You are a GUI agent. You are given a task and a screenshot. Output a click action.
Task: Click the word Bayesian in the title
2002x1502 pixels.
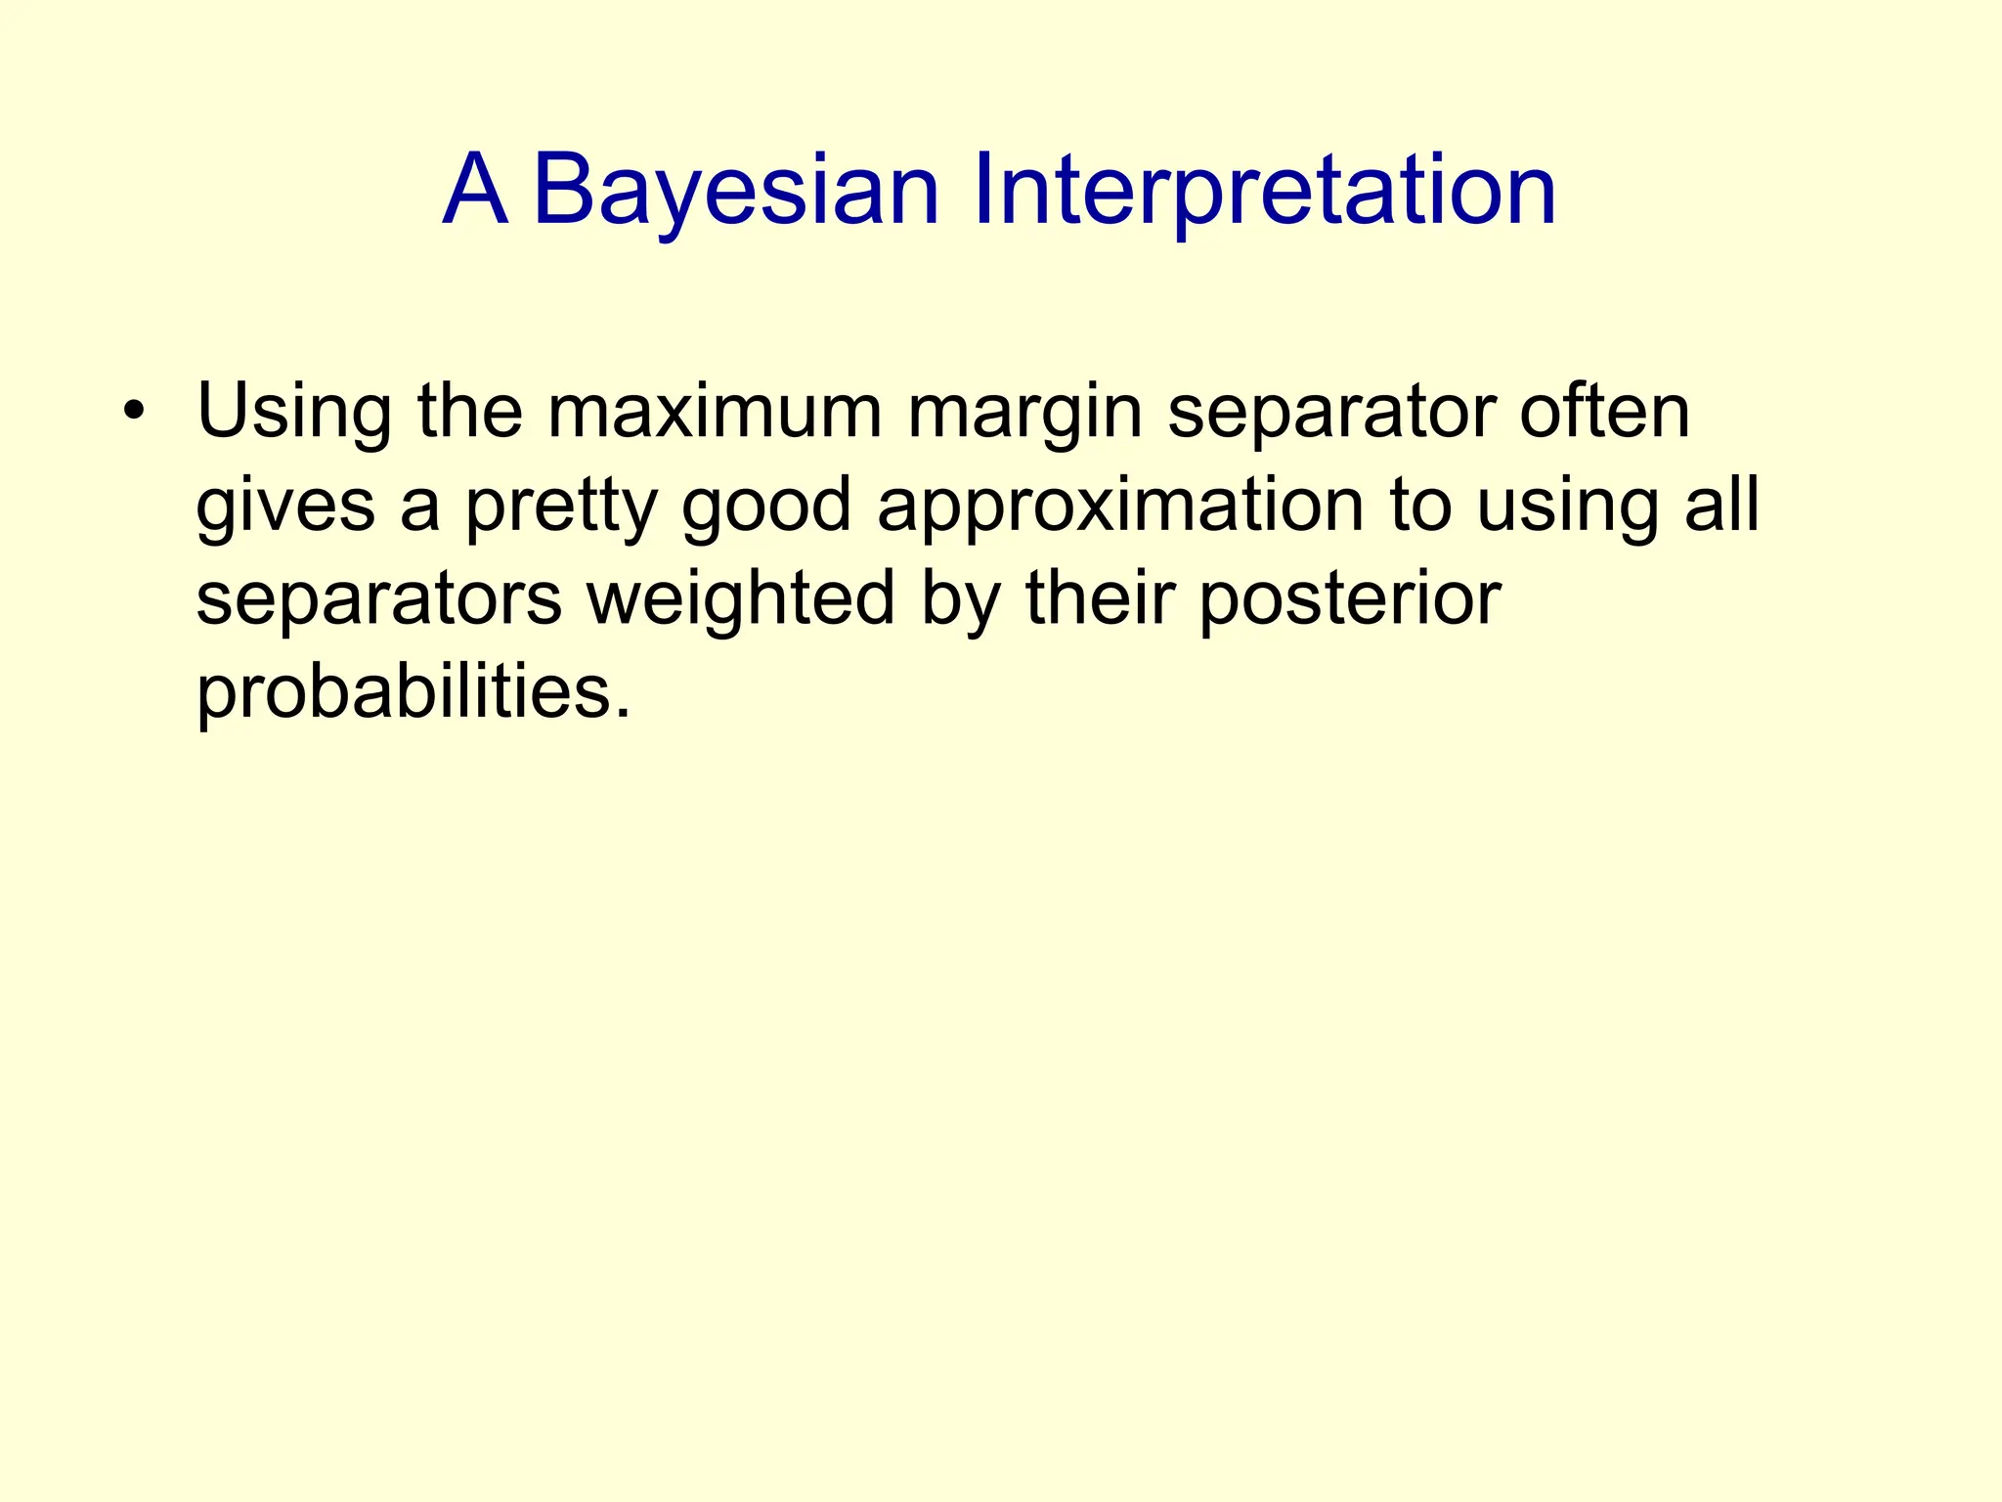(735, 191)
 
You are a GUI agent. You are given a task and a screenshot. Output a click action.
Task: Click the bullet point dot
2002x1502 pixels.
(134, 411)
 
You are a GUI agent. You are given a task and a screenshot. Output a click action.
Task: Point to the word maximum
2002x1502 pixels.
(715, 413)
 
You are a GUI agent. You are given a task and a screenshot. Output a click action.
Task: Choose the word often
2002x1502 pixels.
(1604, 411)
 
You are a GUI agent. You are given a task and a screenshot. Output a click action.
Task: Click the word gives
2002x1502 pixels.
(285, 507)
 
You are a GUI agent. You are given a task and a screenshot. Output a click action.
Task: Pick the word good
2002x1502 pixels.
(766, 507)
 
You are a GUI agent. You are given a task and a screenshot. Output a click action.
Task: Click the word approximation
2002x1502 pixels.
(1120, 507)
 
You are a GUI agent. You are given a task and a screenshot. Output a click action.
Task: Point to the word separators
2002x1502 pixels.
(378, 598)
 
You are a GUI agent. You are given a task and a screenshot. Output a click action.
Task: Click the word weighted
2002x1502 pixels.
(740, 598)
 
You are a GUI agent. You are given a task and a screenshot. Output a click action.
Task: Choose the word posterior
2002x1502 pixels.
(1349, 598)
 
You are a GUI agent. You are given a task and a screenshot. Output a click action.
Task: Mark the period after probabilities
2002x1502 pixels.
(624, 712)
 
